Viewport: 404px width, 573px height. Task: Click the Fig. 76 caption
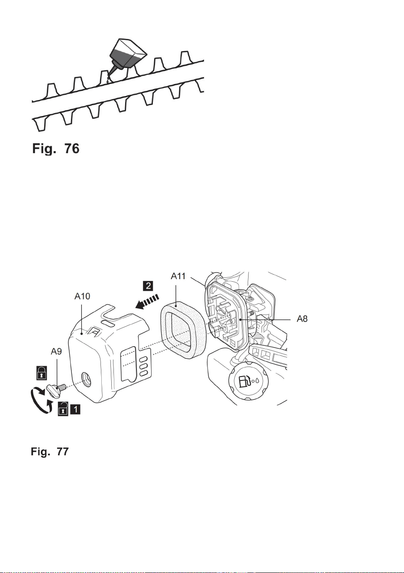55,148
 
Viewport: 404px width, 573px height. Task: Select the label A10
82,296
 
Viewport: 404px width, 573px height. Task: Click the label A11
178,276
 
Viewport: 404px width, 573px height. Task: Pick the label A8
302,319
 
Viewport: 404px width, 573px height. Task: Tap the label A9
56,351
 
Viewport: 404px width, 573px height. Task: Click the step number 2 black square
148,286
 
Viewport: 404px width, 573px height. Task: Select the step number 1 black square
75,409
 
